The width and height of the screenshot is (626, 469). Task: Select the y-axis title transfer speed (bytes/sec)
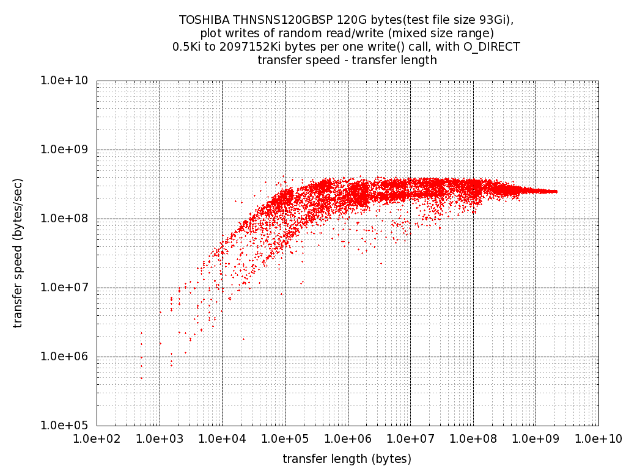18,253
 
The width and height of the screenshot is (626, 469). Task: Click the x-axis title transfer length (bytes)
347,459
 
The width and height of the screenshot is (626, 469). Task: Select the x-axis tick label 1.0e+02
97,439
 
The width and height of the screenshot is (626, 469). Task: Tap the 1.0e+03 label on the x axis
160,439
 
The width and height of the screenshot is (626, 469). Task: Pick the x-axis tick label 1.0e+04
222,439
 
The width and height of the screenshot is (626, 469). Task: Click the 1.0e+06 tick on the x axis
348,439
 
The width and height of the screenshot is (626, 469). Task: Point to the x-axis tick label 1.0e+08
473,439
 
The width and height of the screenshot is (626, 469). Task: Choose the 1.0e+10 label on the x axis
598,439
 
